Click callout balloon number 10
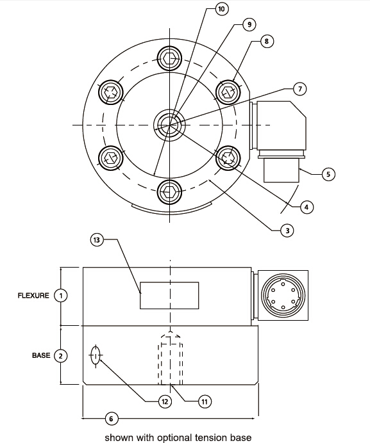click(x=221, y=9)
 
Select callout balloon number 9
click(x=249, y=24)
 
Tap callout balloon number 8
click(x=266, y=41)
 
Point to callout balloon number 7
click(x=300, y=89)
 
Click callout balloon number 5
click(x=328, y=174)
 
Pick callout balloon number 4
click(x=307, y=207)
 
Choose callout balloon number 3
click(x=287, y=231)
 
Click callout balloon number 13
click(x=97, y=240)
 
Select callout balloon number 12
click(x=165, y=401)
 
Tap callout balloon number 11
click(x=205, y=401)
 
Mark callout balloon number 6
click(x=111, y=419)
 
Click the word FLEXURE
click(x=33, y=296)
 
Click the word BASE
click(x=41, y=355)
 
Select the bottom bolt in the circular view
click(x=169, y=192)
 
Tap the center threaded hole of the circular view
click(x=170, y=125)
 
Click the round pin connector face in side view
click(x=283, y=296)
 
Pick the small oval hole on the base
click(x=96, y=356)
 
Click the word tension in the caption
click(x=209, y=438)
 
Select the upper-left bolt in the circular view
click(x=111, y=92)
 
